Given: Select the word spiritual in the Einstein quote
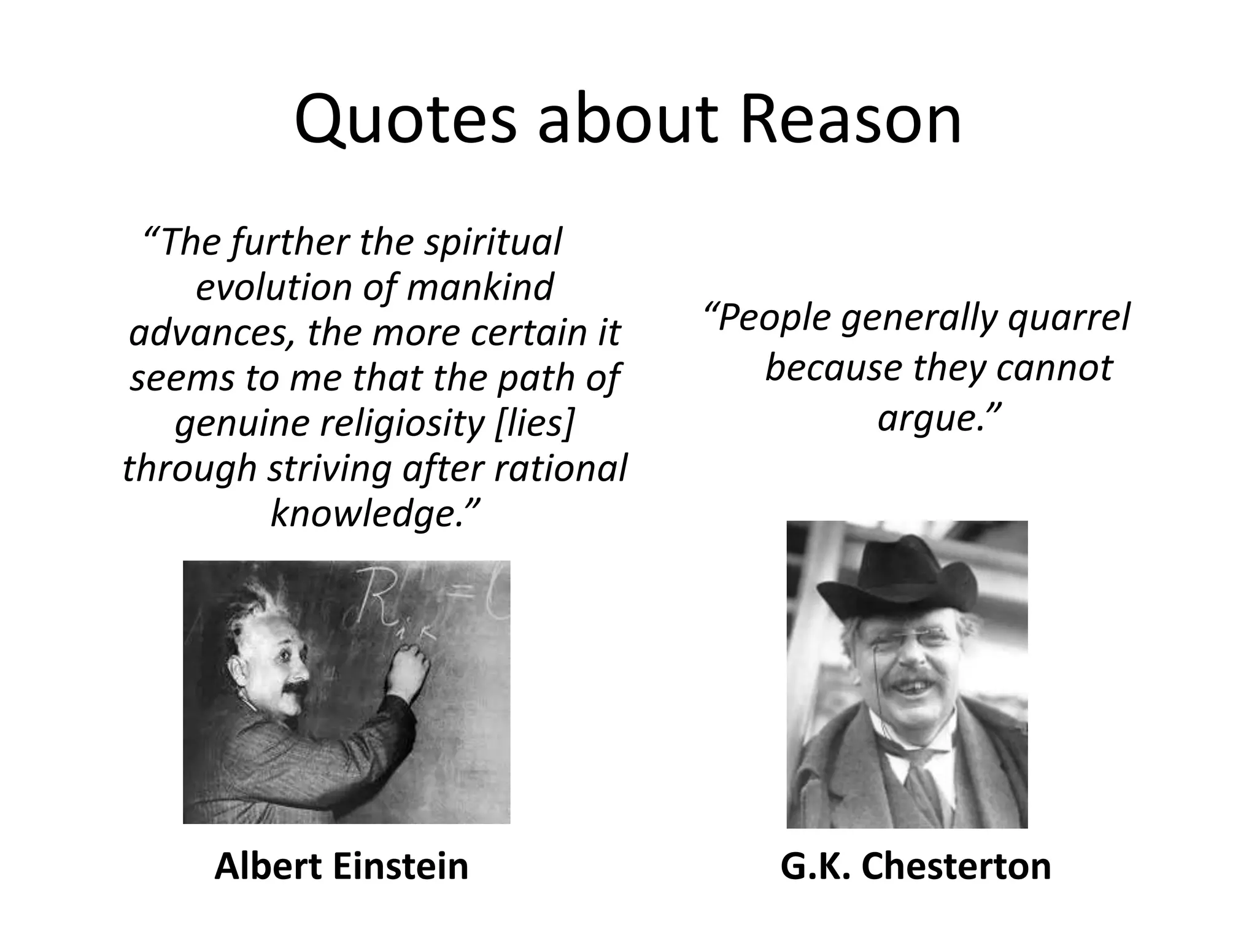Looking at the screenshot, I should [x=492, y=242].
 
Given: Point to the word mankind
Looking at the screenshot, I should [x=479, y=287].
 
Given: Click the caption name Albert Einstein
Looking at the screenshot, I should [x=341, y=866].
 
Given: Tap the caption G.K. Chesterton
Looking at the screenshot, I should [x=916, y=866].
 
